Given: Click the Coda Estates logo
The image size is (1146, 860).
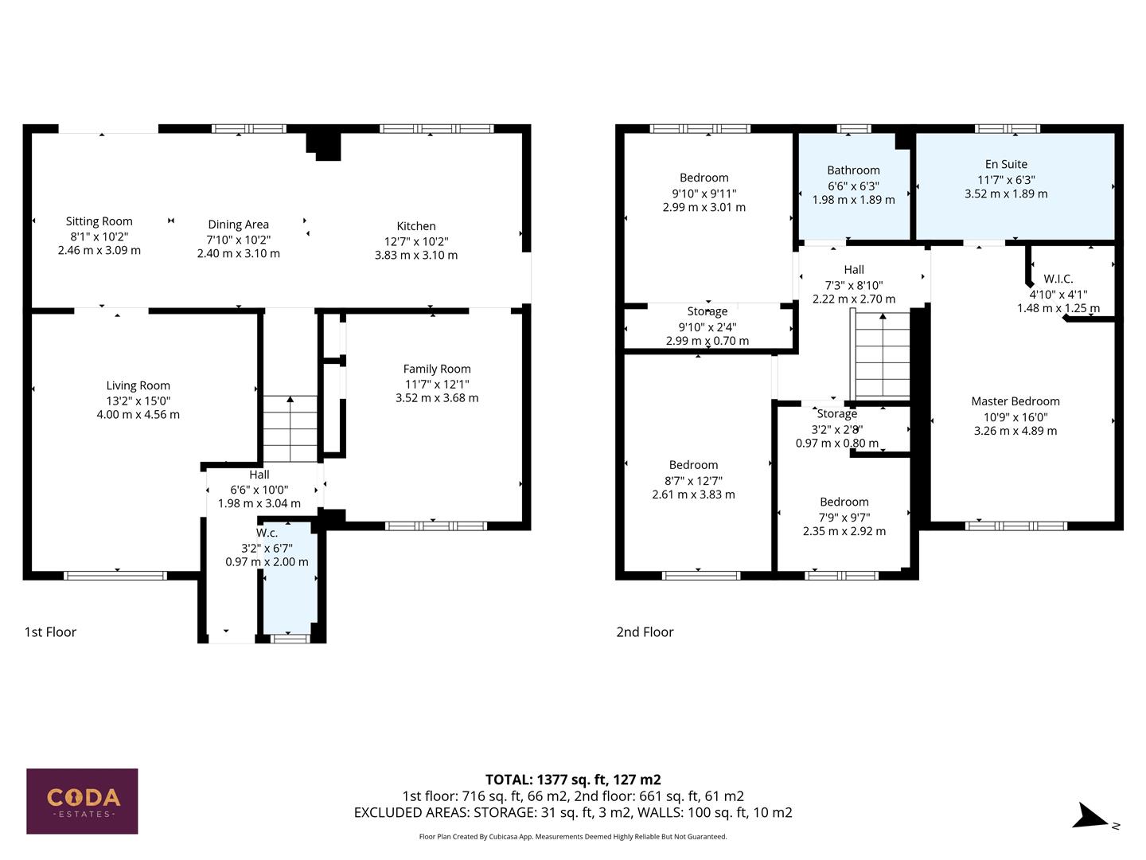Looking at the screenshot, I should click(82, 800).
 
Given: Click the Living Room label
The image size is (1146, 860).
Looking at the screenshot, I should click(138, 385).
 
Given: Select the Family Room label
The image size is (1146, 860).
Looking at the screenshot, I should click(437, 369).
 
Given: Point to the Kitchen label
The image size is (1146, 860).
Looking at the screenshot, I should click(416, 226).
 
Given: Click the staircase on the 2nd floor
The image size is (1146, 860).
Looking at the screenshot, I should click(882, 356).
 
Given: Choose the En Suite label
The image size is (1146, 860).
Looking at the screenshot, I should click(1006, 164).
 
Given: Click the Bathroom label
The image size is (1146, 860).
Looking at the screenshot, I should click(853, 170).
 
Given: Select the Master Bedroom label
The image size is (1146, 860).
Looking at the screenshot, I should click(1015, 401).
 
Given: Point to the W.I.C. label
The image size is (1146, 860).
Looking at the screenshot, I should click(1058, 279).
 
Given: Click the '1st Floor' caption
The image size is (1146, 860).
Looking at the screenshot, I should click(50, 632).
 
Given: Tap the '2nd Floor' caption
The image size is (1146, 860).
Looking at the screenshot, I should click(645, 632).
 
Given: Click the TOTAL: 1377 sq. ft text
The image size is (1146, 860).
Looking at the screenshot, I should click(573, 780).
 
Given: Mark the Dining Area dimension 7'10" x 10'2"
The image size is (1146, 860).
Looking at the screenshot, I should click(239, 240).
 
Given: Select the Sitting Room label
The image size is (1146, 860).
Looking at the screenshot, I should click(99, 221).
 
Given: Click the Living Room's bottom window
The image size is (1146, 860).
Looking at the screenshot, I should click(116, 575).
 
